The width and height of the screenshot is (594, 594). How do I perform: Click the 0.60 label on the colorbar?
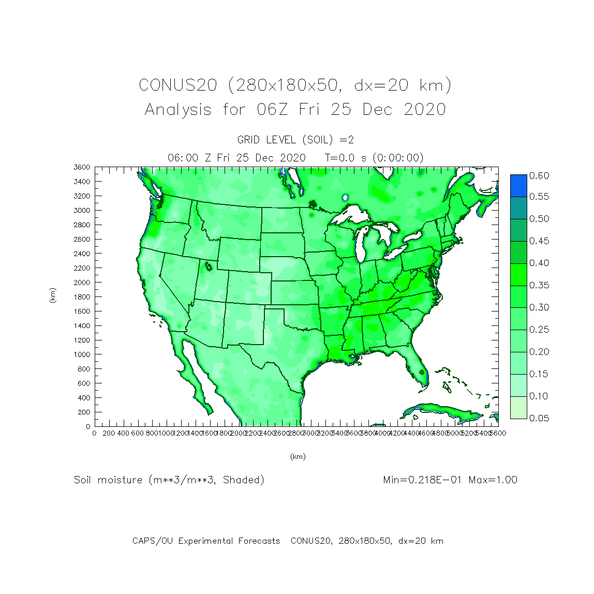pyautogui.click(x=539, y=176)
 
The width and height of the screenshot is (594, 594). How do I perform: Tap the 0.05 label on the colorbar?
pyautogui.click(x=539, y=418)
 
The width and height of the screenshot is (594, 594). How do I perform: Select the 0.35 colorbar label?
pyautogui.click(x=539, y=286)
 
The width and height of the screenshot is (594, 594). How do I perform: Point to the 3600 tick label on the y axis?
pyautogui.click(x=82, y=167)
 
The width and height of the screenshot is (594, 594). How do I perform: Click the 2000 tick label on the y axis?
pyautogui.click(x=82, y=283)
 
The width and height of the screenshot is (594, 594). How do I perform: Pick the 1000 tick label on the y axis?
pyautogui.click(x=82, y=354)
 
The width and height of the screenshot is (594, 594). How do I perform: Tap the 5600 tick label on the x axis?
pyautogui.click(x=498, y=433)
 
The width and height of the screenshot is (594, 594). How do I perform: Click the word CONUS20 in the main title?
pyautogui.click(x=177, y=85)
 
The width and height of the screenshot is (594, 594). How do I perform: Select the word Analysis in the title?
pyautogui.click(x=178, y=110)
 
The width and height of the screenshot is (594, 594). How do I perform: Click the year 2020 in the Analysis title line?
pyautogui.click(x=425, y=110)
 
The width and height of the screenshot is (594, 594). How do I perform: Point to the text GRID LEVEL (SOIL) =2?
pyautogui.click(x=295, y=140)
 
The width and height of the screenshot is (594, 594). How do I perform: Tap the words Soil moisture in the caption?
pyautogui.click(x=108, y=480)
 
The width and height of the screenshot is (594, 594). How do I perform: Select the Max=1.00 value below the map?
pyautogui.click(x=493, y=480)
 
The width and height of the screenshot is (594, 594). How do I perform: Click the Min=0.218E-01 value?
pyautogui.click(x=423, y=480)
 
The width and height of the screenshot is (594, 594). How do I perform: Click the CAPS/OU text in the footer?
pyautogui.click(x=152, y=541)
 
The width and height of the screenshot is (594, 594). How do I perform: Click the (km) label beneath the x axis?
pyautogui.click(x=298, y=457)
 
